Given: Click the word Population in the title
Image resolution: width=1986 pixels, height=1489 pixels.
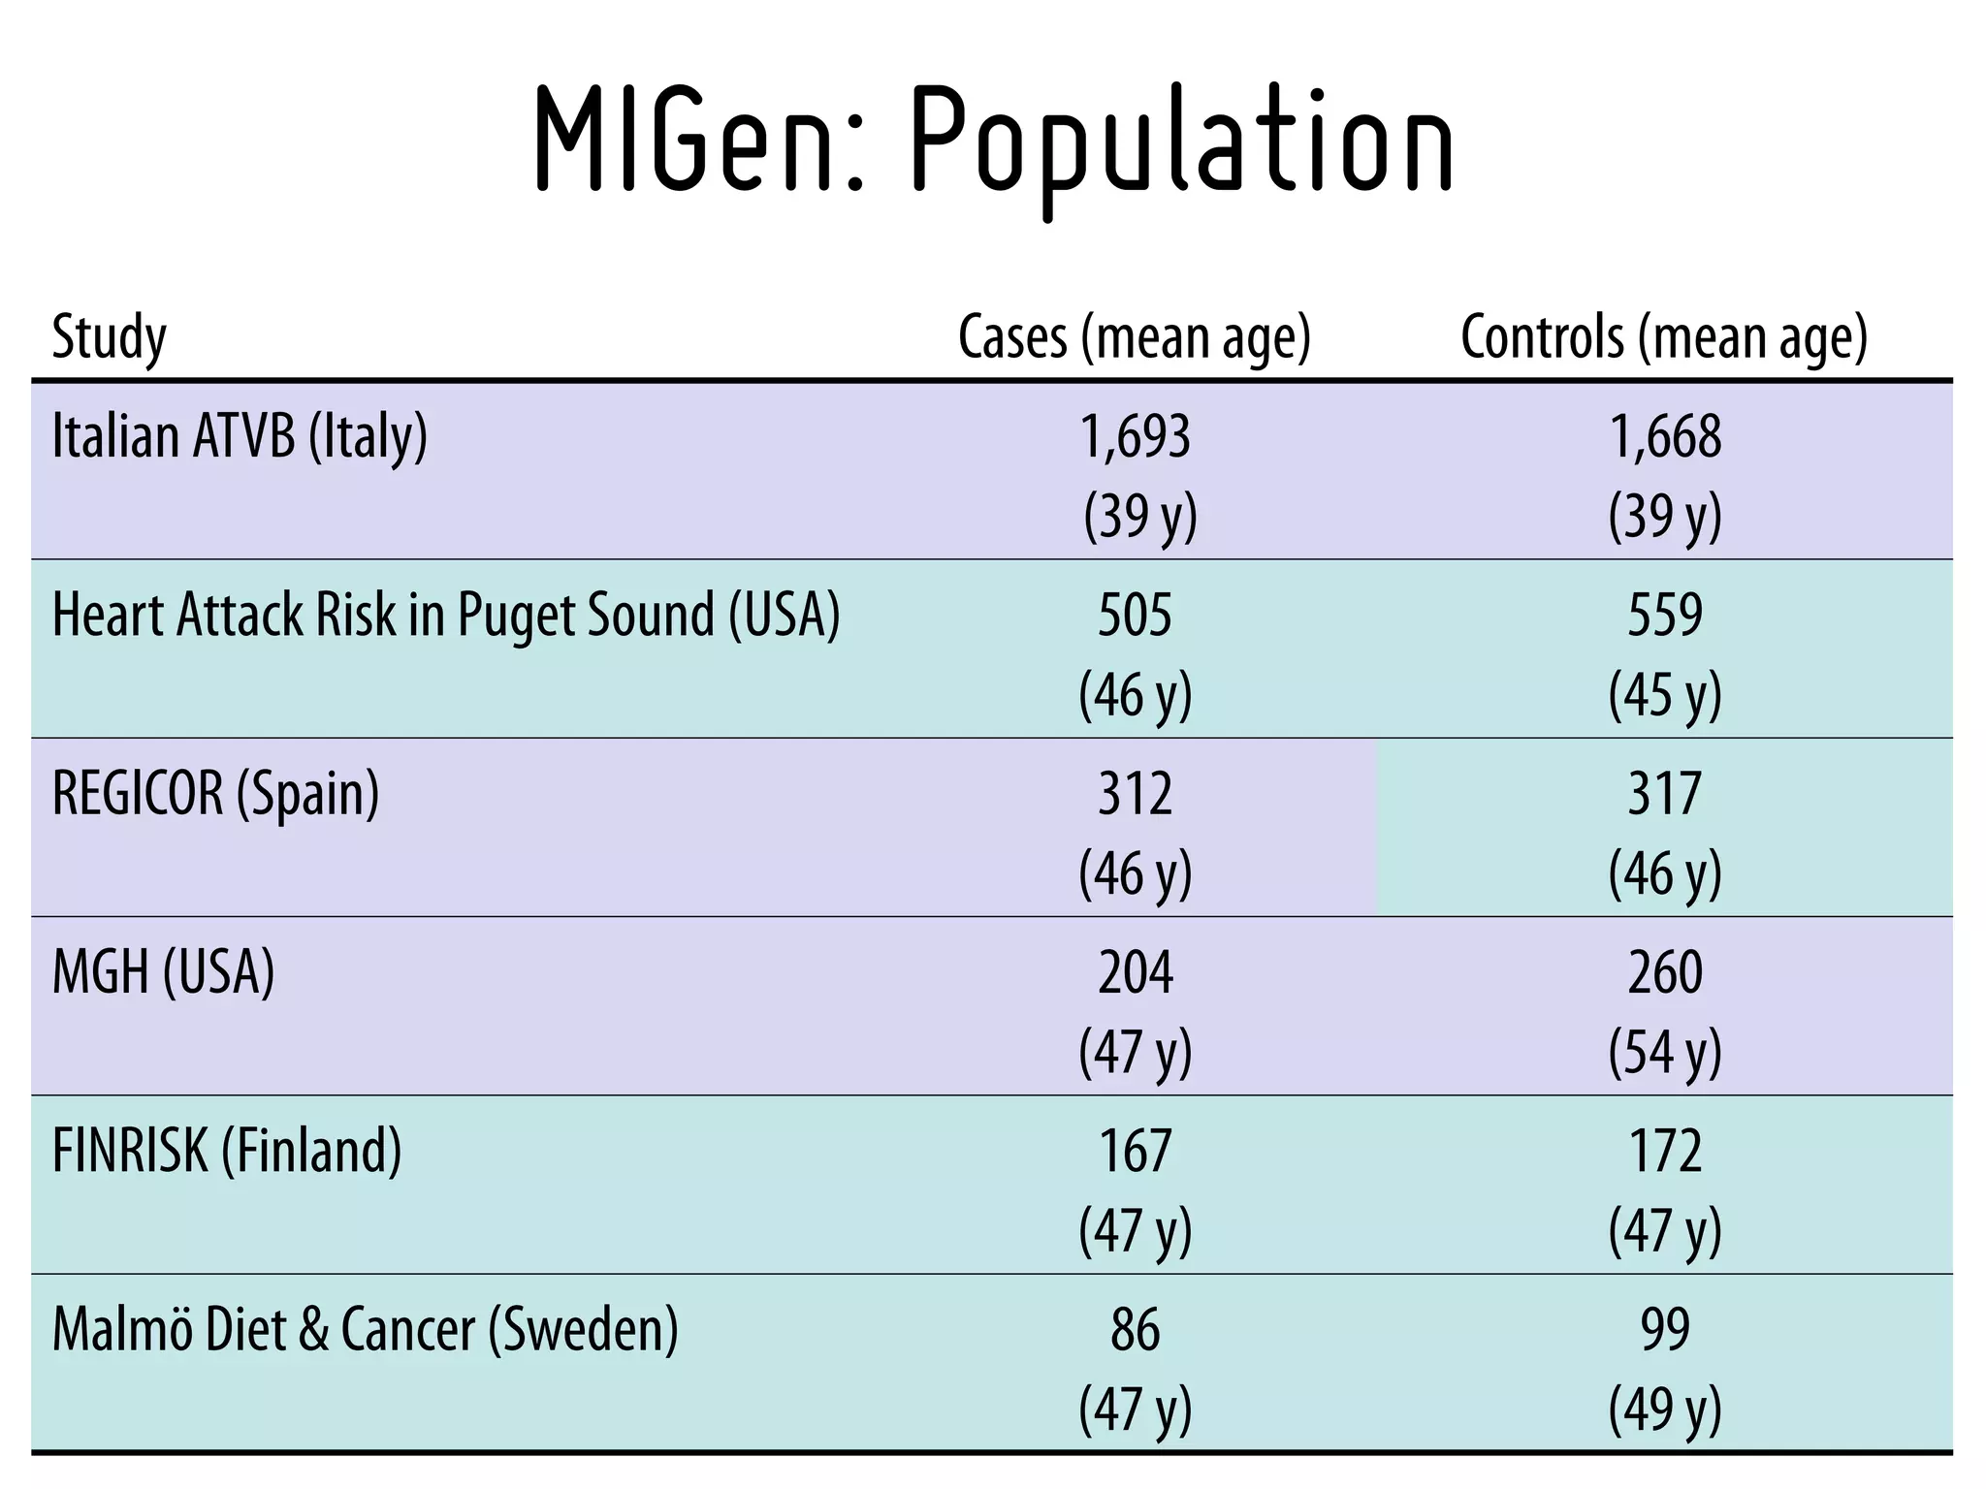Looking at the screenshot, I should tap(1183, 145).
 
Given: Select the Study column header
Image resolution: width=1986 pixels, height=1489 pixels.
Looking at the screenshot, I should tap(109, 337).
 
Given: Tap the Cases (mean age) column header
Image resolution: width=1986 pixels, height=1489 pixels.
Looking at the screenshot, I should tap(1134, 337).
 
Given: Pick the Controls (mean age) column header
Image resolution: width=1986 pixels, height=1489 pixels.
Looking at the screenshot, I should tap(1663, 337).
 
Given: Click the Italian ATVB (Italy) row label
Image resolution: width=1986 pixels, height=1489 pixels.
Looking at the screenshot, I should tap(240, 436).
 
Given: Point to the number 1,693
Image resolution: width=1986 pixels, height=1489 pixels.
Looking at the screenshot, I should tap(1135, 436).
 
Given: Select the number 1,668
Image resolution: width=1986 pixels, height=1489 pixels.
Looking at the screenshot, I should tap(1665, 436).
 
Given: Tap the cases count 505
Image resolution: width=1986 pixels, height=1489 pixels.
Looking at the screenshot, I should tap(1135, 615).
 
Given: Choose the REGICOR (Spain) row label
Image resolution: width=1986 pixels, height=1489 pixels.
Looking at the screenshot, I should tap(215, 793).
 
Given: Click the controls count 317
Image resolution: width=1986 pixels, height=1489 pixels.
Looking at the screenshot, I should tap(1665, 793).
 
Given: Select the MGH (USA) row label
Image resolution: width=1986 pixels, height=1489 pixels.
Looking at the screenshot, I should tap(163, 971).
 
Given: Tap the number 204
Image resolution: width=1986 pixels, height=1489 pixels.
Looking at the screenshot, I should tap(1135, 971).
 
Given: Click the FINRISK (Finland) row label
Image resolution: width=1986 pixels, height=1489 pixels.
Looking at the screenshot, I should tap(226, 1150).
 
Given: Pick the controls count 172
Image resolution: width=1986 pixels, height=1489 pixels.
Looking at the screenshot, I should tap(1665, 1150).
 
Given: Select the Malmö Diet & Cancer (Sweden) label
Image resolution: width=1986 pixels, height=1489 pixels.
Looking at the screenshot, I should tap(365, 1328).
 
